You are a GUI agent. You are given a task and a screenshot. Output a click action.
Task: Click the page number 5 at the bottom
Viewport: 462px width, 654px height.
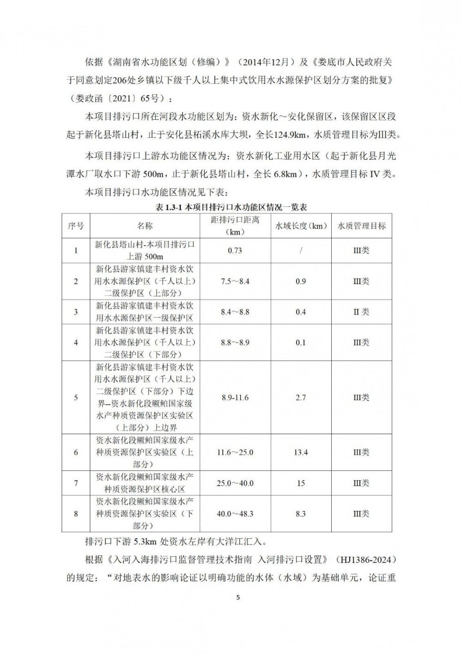(x=238, y=597)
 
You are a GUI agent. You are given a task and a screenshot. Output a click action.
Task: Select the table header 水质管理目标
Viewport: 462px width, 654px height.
(x=362, y=226)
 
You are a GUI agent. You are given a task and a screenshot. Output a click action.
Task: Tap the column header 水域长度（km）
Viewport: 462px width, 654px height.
(x=301, y=226)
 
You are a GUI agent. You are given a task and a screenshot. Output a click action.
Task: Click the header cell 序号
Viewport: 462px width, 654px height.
(x=76, y=226)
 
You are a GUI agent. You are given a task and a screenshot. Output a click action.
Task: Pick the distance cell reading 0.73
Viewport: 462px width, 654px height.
(x=235, y=251)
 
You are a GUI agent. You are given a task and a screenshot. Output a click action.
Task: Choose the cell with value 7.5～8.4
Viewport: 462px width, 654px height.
(x=235, y=281)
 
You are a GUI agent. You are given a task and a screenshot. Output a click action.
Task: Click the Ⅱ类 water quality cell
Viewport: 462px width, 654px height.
(x=362, y=312)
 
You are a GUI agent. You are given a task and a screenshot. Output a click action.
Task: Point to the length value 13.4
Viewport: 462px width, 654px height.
(x=301, y=452)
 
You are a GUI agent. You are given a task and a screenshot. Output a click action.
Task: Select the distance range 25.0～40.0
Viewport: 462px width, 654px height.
(x=235, y=483)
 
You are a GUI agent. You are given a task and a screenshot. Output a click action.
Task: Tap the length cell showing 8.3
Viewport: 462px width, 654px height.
(x=301, y=514)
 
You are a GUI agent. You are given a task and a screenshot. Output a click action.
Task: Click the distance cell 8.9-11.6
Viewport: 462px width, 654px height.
(x=235, y=398)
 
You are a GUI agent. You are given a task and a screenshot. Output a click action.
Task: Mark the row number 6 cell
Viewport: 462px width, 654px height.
(x=76, y=452)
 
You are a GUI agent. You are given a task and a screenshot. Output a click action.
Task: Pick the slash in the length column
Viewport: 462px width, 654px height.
(x=301, y=251)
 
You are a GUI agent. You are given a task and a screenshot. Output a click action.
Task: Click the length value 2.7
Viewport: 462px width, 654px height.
(x=301, y=398)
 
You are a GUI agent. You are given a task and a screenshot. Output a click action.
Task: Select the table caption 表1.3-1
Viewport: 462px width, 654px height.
(x=169, y=208)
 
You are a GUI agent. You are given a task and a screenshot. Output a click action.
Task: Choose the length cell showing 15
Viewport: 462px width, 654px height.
(x=301, y=483)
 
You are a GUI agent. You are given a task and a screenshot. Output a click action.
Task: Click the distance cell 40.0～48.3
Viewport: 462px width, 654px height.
(x=235, y=514)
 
